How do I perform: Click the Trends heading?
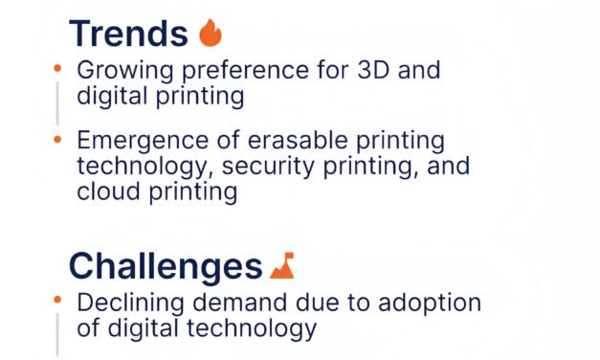(128, 34)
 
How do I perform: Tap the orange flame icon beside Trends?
(210, 34)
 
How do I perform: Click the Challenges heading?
(166, 265)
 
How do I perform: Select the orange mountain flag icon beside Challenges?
(281, 265)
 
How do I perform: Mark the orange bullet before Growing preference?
(57, 68)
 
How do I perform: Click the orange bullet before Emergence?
(57, 139)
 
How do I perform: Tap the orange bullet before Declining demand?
(57, 301)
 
